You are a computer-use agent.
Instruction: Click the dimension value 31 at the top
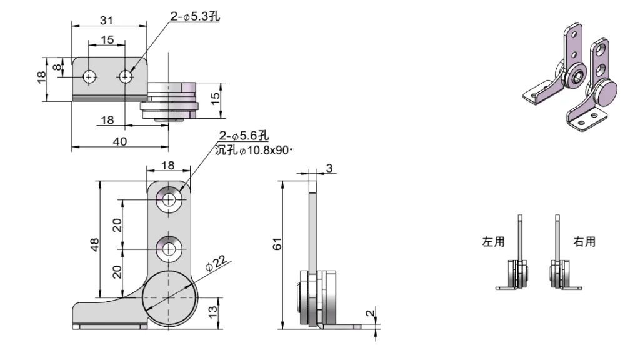[x=107, y=20]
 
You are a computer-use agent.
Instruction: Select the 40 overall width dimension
[x=119, y=141]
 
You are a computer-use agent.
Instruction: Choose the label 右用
[x=584, y=241]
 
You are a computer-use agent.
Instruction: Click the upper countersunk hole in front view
[x=169, y=199]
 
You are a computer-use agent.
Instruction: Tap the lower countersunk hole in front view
[x=169, y=249]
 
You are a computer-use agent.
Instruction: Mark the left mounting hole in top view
[x=91, y=76]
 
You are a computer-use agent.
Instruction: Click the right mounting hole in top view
[x=127, y=76]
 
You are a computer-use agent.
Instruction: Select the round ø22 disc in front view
[x=167, y=297]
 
